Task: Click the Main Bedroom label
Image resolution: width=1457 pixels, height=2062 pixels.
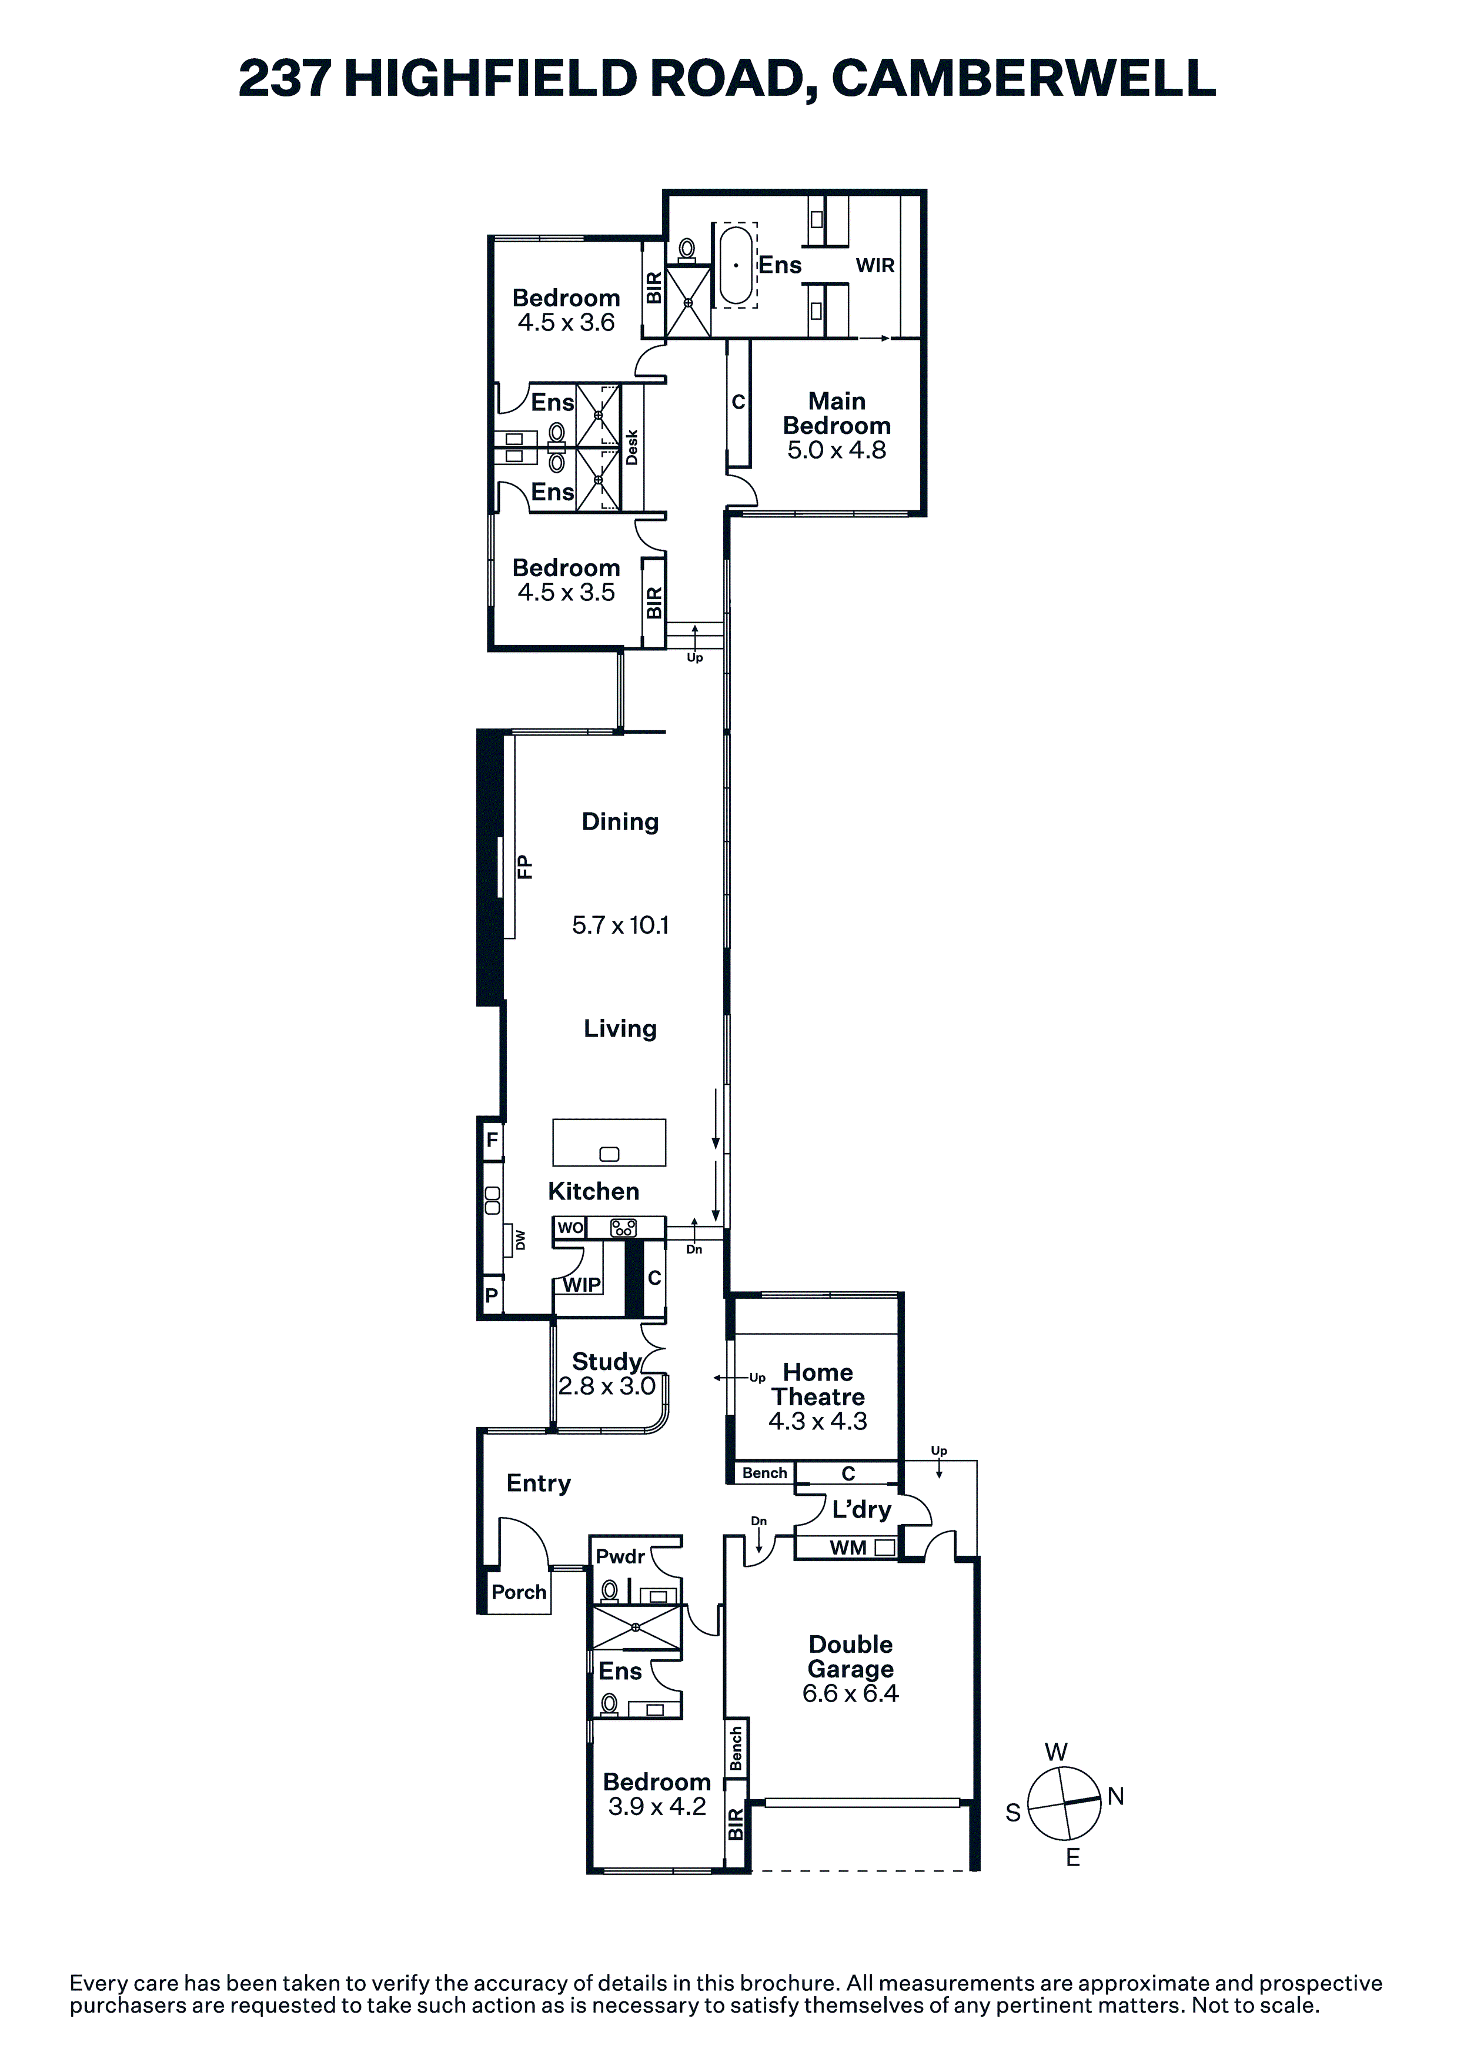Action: pos(836,413)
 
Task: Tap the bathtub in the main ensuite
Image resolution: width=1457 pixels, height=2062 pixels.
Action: pos(737,266)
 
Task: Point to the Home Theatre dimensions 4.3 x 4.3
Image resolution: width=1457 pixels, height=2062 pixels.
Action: pos(817,1421)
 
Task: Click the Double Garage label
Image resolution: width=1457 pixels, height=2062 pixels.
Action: pos(851,1656)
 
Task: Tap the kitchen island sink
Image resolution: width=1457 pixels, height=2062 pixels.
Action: pos(609,1155)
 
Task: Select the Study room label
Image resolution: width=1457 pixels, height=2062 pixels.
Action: pos(606,1362)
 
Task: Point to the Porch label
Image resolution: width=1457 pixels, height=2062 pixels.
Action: pos(519,1592)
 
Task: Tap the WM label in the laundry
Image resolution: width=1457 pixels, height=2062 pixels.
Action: pos(848,1548)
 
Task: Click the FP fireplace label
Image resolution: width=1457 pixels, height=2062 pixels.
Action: pos(524,867)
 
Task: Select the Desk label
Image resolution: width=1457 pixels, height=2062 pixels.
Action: pos(631,447)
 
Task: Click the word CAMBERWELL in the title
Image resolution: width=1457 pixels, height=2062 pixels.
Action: pos(1024,78)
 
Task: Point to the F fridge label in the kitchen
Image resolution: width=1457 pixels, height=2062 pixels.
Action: pos(492,1141)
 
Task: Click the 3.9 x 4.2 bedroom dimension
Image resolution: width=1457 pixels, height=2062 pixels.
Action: pos(657,1806)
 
